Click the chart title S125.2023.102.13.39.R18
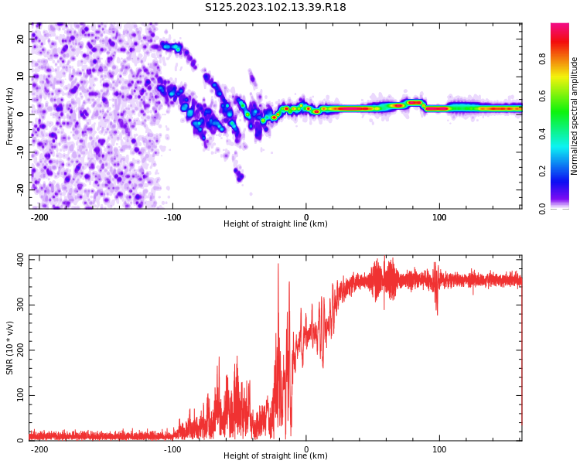pos(275,8)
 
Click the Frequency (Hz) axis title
pos(10,116)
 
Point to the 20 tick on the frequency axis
pos(21,39)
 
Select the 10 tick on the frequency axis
pos(21,76)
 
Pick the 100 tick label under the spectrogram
pos(439,217)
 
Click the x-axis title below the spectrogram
pos(275,224)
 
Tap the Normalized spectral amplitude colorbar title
pos(575,116)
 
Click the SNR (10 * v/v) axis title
pos(10,348)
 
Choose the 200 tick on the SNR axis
pos(19,350)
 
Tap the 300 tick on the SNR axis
pos(19,304)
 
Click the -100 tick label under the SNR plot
pos(172,449)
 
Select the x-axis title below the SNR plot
pos(275,456)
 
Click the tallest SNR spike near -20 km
pos(278,265)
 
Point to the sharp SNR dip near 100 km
pos(437,313)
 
